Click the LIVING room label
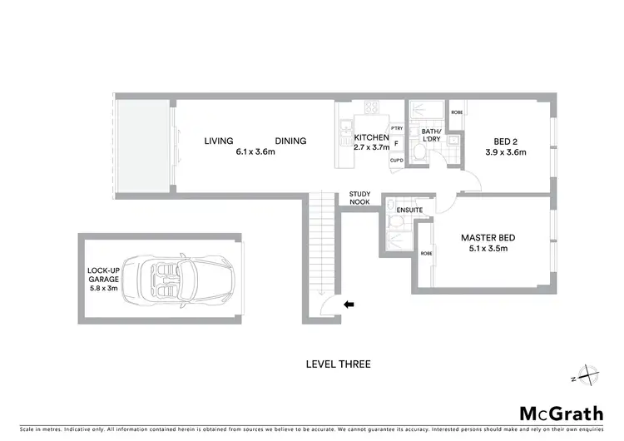219,141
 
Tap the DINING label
291,141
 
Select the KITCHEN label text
371,136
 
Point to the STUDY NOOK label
359,197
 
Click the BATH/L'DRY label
431,136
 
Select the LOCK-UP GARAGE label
104,274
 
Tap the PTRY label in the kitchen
397,128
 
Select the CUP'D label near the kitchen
397,161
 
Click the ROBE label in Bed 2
457,112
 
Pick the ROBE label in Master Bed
426,253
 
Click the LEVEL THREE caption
338,364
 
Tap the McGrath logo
562,414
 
